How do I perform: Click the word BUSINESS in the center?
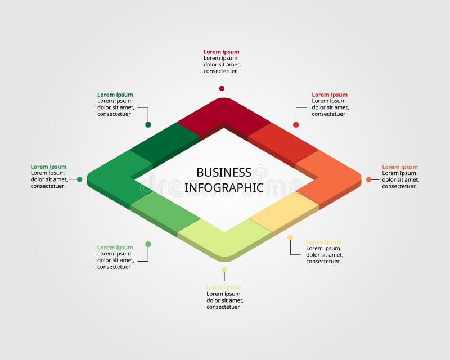[224, 172]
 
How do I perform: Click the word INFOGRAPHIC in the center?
[224, 187]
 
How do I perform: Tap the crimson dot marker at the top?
[222, 88]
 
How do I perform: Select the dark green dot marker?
[148, 125]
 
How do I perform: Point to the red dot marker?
[296, 125]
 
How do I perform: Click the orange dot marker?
[368, 179]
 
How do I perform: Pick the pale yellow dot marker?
[290, 237]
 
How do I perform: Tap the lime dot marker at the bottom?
[224, 270]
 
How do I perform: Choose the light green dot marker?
[148, 244]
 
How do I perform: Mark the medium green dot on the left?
[79, 179]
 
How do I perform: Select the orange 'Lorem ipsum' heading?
[400, 167]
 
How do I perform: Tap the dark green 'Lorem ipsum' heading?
[115, 95]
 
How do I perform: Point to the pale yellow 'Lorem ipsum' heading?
[324, 242]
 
